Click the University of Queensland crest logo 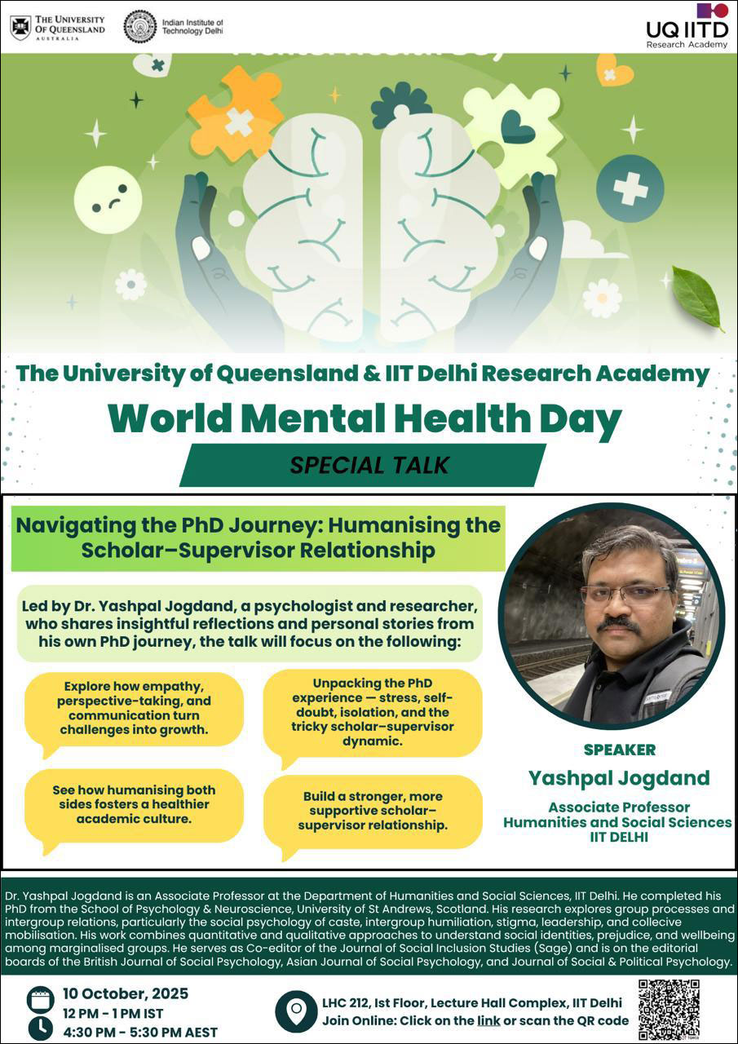pos(20,27)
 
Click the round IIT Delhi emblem pos(139,26)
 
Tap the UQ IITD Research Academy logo pos(687,25)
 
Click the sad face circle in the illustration pos(108,199)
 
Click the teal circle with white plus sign pos(630,188)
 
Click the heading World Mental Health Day pos(365,419)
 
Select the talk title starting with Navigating pos(258,537)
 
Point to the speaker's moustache pos(617,625)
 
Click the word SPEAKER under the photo pos(619,749)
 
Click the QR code pos(669,1008)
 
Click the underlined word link pos(488,1020)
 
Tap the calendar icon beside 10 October pos(40,999)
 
